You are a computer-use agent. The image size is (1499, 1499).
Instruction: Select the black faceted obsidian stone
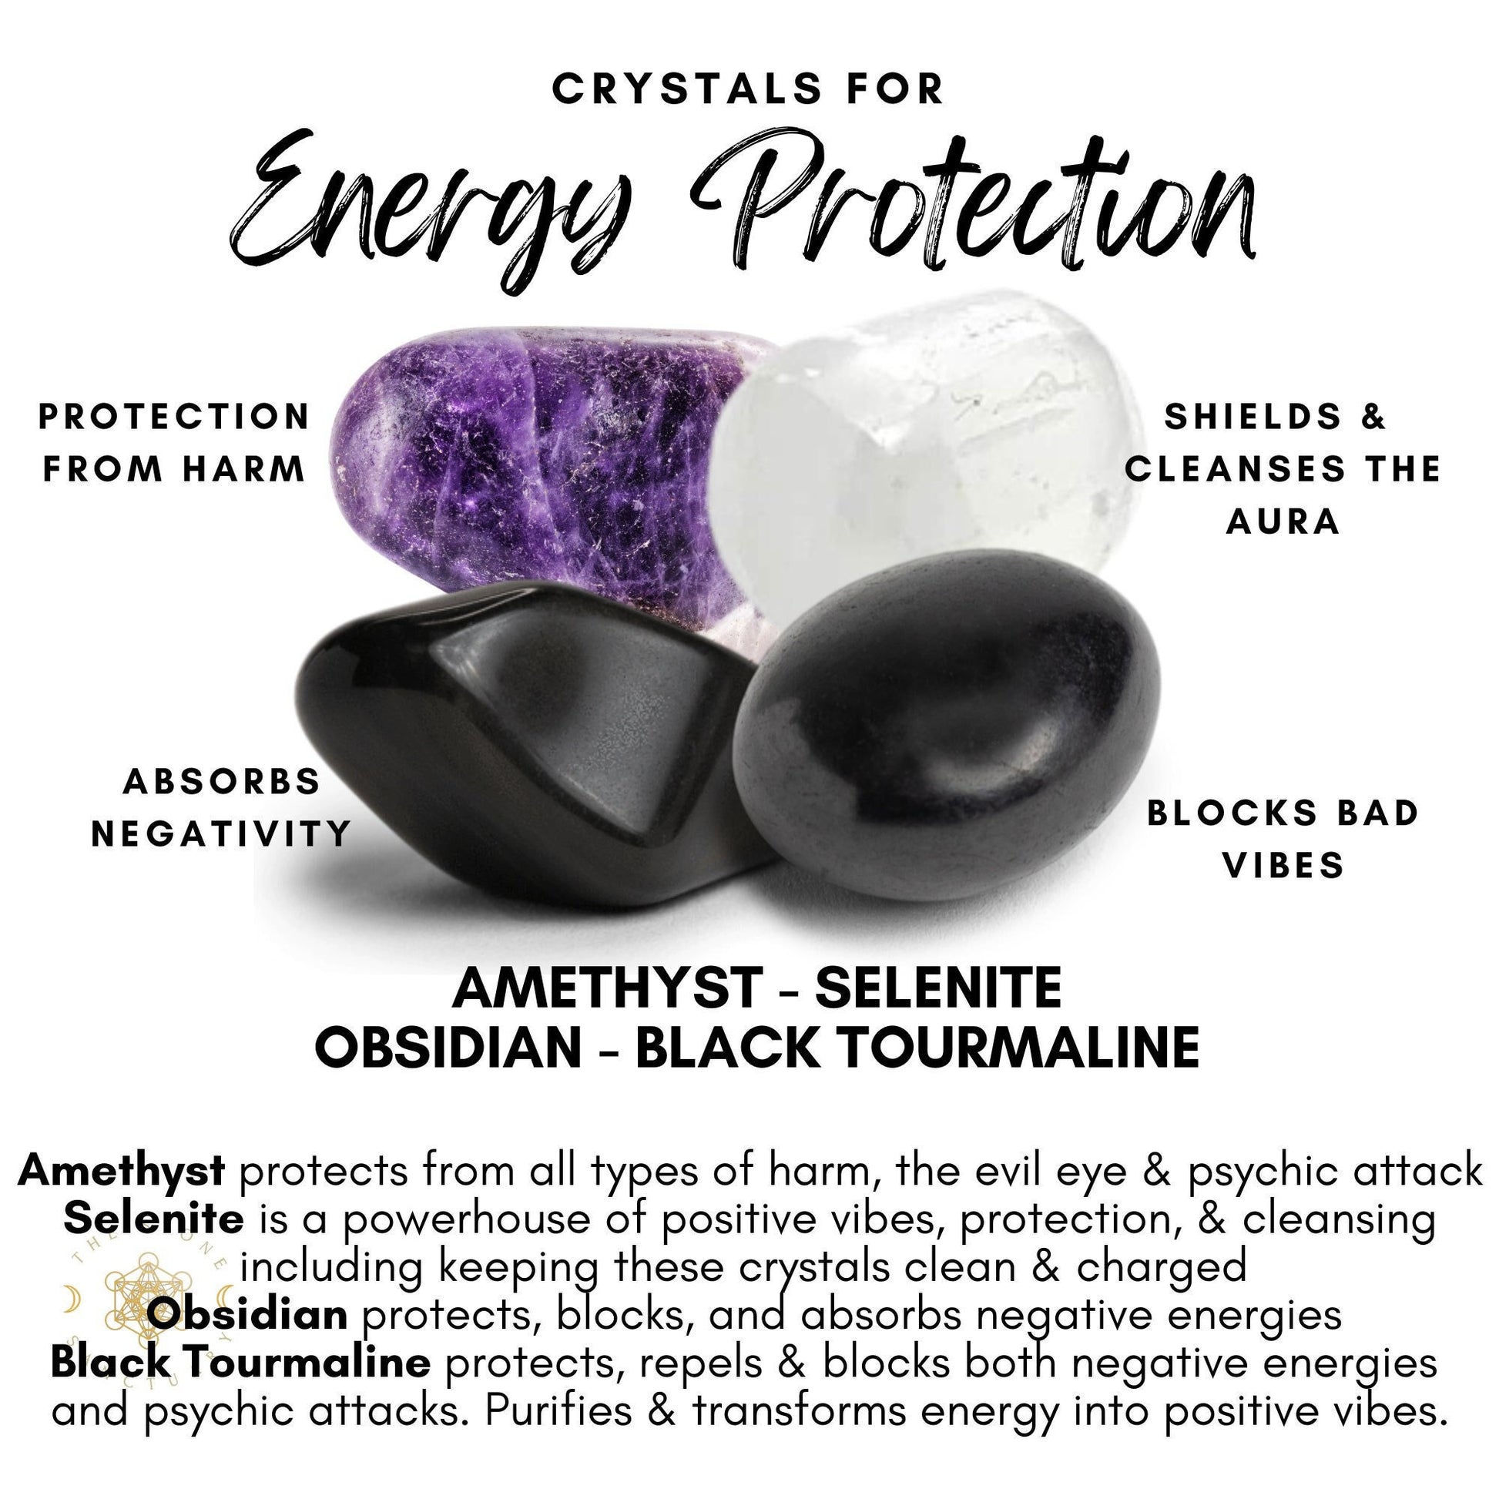click(x=497, y=745)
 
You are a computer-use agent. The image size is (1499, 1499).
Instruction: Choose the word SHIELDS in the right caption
click(x=1253, y=418)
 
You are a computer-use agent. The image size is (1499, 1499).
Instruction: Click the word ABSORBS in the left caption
click(x=222, y=782)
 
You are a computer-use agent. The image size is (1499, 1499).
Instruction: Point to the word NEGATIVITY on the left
click(x=222, y=835)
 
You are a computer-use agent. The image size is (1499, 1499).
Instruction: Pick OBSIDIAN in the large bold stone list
click(x=448, y=1048)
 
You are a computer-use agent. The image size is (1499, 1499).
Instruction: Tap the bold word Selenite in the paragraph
click(x=153, y=1219)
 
